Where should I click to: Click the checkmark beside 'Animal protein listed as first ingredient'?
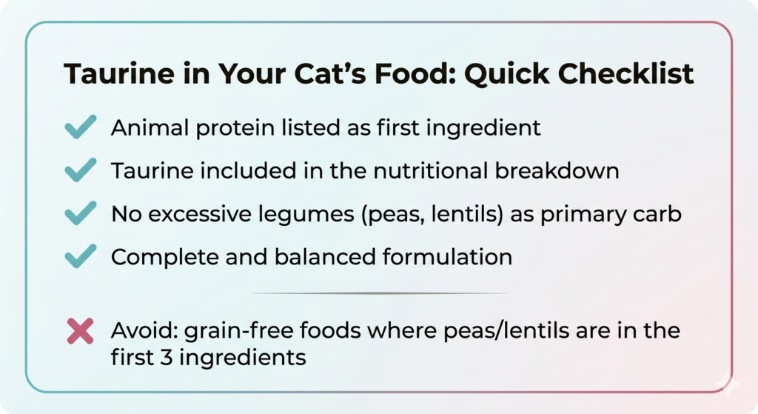[x=80, y=127]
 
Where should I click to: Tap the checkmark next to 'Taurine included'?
[x=80, y=170]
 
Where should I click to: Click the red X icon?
[x=80, y=330]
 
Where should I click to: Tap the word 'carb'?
[x=660, y=214]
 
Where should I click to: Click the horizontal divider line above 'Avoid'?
[x=379, y=293]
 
